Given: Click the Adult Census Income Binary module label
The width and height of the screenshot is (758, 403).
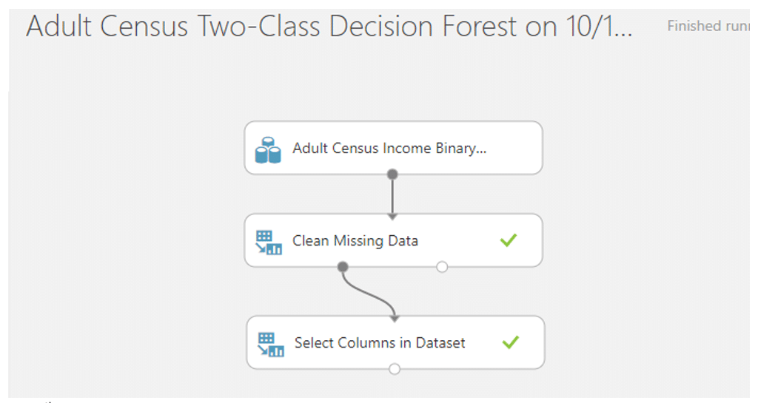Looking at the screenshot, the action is click(x=389, y=148).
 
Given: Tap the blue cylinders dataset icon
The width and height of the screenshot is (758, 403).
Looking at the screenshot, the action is click(x=268, y=150).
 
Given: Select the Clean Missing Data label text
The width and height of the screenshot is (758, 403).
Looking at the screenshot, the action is click(x=355, y=241).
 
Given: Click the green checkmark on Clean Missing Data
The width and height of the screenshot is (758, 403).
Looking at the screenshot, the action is click(x=509, y=240).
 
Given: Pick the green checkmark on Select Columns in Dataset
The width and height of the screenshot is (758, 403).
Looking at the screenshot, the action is click(x=511, y=342).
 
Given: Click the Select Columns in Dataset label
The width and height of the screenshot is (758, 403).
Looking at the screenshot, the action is click(x=380, y=342).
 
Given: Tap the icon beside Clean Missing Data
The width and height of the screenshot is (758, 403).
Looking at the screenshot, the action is click(x=269, y=243).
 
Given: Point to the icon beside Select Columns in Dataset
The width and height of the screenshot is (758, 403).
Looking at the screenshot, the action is click(x=271, y=345).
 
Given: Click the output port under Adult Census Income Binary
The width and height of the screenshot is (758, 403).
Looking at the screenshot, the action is click(x=392, y=175).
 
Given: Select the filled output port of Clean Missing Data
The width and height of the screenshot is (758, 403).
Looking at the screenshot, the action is click(x=343, y=266).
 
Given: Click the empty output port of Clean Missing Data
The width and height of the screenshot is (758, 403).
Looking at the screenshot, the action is click(x=442, y=266).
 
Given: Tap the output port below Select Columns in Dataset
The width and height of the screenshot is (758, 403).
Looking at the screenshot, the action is click(x=395, y=369).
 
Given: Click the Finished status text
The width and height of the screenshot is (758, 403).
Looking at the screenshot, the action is click(x=693, y=26).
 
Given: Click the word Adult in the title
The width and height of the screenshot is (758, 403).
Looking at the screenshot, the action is click(x=58, y=27).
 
